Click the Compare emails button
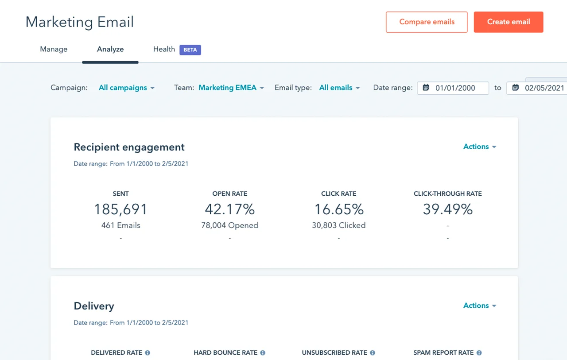[427, 22]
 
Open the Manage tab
[54, 49]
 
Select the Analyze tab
[110, 49]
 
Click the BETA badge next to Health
[190, 50]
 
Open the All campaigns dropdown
[127, 88]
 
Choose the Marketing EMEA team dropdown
[231, 88]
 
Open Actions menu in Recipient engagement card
[480, 147]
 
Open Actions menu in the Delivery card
[480, 306]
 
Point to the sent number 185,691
[120, 209]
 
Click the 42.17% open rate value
[229, 209]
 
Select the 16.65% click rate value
[339, 209]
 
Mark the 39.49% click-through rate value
[447, 209]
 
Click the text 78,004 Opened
[229, 225]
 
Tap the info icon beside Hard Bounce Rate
[263, 353]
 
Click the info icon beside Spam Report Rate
[479, 353]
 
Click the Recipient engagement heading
[129, 147]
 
